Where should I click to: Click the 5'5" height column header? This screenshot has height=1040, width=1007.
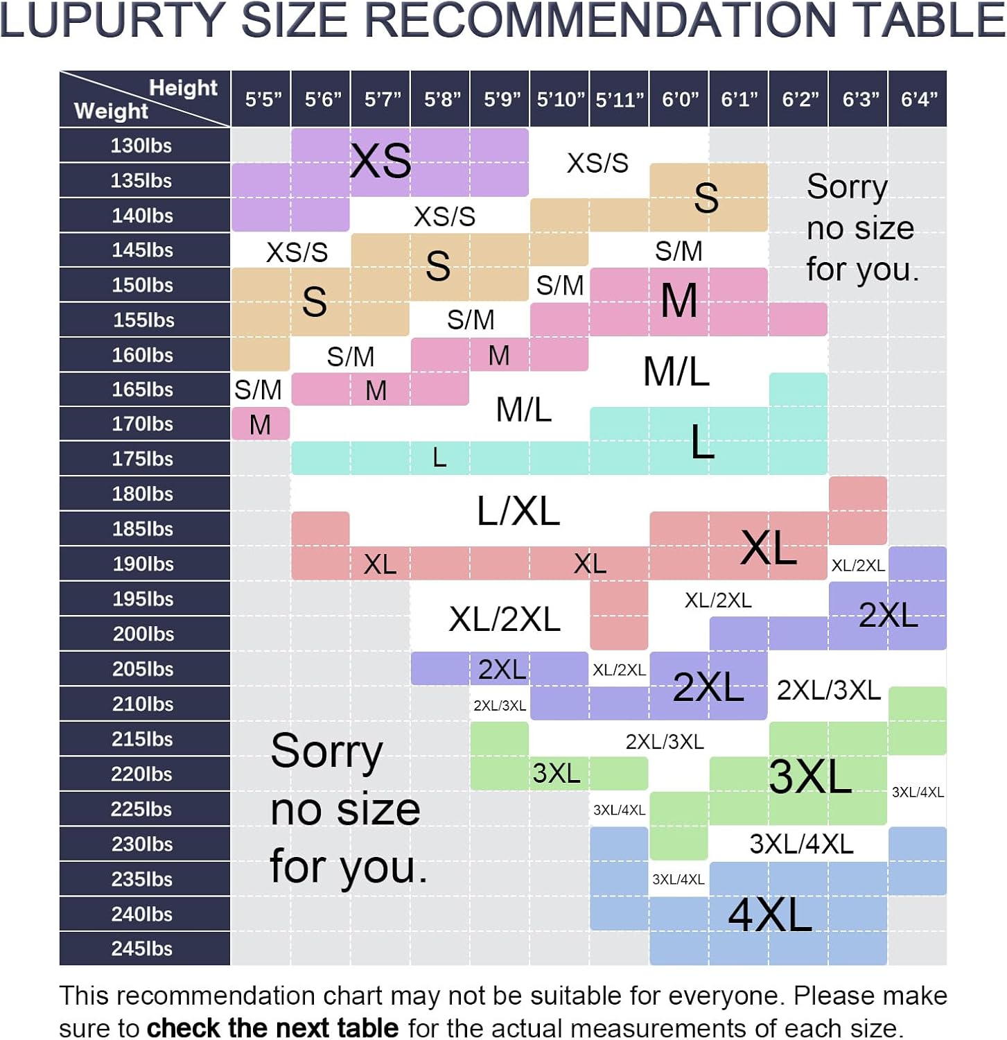[x=263, y=99]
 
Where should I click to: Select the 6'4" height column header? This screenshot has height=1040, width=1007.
[x=918, y=99]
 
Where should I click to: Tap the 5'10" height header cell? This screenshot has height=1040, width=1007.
[x=560, y=99]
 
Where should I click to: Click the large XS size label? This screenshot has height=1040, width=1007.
[x=380, y=162]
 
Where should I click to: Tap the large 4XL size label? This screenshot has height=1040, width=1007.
[x=770, y=915]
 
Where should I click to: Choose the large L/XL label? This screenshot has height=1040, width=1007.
[x=518, y=512]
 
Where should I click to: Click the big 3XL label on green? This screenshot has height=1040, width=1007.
[x=810, y=776]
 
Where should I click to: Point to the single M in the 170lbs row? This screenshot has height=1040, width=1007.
[x=260, y=424]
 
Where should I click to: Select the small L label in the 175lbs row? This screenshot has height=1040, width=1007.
[x=439, y=458]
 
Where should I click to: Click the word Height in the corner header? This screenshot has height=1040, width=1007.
[x=183, y=88]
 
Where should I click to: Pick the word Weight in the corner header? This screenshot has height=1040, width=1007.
[x=111, y=111]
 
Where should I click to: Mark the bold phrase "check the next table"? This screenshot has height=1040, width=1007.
[x=272, y=1028]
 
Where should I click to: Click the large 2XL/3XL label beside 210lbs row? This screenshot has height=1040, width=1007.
[x=828, y=691]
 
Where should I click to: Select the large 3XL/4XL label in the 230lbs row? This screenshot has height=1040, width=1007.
[x=801, y=844]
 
